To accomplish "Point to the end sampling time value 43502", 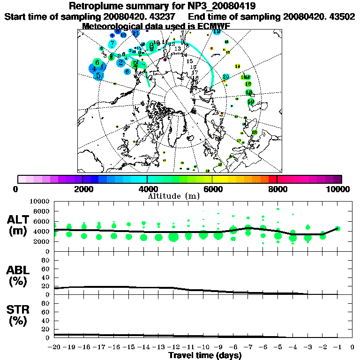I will (x=341, y=16).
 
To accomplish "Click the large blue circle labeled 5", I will (x=98, y=75).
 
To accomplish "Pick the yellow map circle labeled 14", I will (x=237, y=66).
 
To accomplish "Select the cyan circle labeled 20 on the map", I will (x=225, y=76).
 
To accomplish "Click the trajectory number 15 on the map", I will (x=190, y=61).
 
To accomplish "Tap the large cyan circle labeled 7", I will (x=113, y=43).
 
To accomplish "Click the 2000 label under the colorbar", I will (x=82, y=189).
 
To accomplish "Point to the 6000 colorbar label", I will (x=212, y=189).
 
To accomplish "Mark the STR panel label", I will (x=19, y=315).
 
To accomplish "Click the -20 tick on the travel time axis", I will (x=54, y=347).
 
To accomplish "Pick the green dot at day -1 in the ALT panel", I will (x=337, y=229).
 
